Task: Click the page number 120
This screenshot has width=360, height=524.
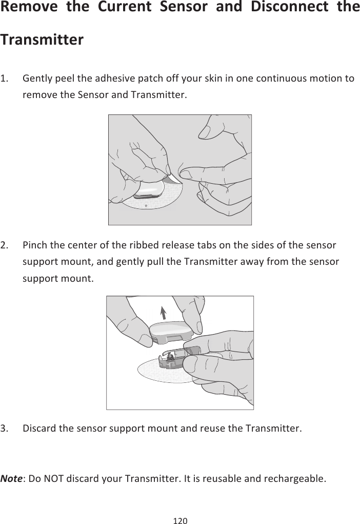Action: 181,520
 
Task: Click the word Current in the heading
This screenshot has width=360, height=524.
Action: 125,7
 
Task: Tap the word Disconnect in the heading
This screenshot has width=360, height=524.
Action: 290,7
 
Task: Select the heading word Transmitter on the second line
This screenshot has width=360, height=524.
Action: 42,40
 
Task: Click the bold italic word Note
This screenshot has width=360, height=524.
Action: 11,478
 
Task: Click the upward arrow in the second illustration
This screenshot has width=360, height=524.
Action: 163,313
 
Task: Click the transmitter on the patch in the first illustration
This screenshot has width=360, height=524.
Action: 149,190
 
